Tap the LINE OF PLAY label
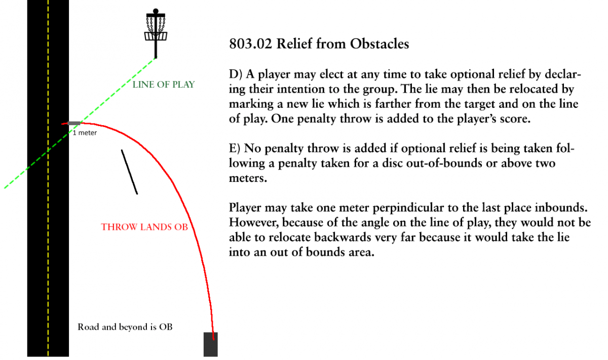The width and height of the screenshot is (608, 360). click(164, 85)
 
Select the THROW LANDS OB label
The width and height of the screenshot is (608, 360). click(144, 227)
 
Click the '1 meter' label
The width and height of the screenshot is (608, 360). click(85, 133)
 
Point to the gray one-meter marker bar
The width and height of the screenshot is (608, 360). click(74, 123)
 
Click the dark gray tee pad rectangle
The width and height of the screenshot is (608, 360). click(211, 344)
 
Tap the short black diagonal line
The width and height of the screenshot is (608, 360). click(129, 172)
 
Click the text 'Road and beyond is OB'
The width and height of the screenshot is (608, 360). click(125, 327)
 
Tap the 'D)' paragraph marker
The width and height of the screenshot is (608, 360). click(235, 75)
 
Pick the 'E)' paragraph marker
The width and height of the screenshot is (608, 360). click(234, 149)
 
